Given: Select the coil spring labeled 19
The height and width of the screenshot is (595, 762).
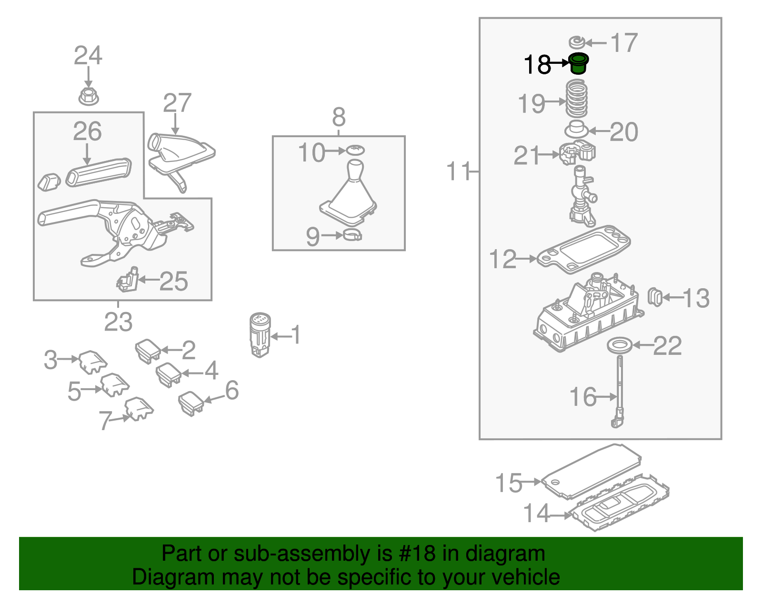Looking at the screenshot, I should click(x=576, y=99).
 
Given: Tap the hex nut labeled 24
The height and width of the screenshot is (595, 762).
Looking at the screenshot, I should click(x=88, y=97).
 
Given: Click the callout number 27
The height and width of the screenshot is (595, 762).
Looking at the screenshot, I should click(x=177, y=103).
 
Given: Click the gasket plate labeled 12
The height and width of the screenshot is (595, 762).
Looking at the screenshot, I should click(x=584, y=250).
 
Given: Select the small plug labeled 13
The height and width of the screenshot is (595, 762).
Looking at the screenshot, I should click(x=655, y=297).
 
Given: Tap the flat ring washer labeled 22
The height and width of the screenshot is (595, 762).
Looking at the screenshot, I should click(x=620, y=345).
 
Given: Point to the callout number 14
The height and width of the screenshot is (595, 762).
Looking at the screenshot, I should click(x=536, y=514).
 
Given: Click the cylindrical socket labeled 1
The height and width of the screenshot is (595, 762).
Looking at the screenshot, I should click(x=260, y=334).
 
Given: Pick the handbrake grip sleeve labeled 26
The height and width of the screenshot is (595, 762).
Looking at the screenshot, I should click(x=99, y=172).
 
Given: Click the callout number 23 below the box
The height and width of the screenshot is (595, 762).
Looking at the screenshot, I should click(x=118, y=323).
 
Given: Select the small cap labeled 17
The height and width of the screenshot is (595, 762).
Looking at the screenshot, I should click(x=576, y=42).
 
